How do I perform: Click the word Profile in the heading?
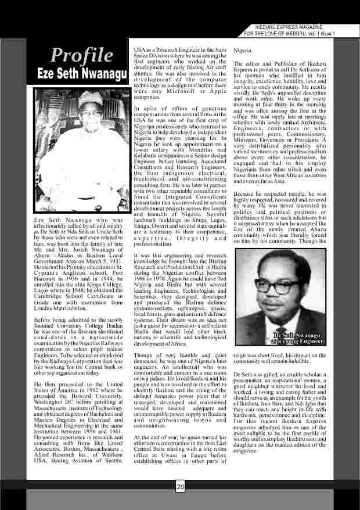tap(81, 55)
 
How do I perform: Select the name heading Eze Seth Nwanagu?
tap(81, 75)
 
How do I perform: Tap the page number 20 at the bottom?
tap(180, 487)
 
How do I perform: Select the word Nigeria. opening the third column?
tap(243, 51)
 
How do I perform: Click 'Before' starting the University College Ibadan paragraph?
tap(44, 319)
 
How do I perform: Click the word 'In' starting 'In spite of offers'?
tap(136, 107)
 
